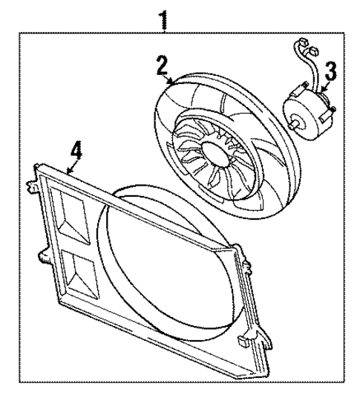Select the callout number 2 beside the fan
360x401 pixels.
click(161, 65)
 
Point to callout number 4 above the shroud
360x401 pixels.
click(75, 151)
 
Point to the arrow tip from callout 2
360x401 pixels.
click(172, 84)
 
